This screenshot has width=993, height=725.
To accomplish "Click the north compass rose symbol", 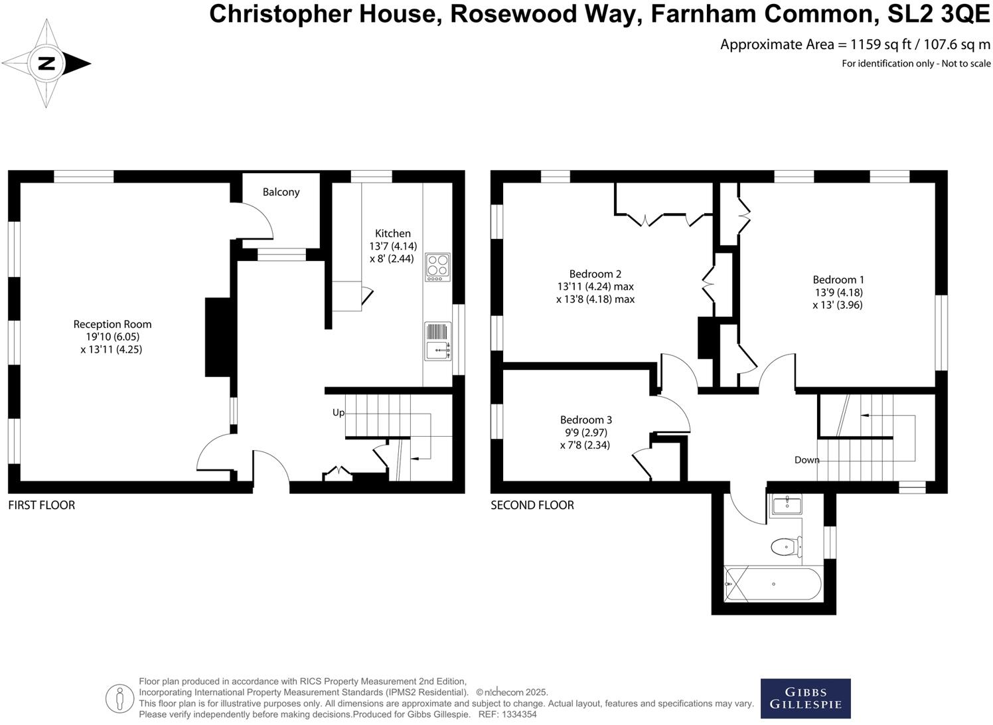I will tap(46, 64).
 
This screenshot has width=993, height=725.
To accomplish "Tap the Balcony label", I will tap(281, 192).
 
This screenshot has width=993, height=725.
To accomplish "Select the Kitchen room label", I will tap(393, 233).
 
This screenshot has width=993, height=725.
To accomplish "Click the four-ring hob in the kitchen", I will tap(437, 267).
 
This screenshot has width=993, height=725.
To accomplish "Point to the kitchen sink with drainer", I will tap(437, 341).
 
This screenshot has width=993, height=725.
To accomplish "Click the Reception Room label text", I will tap(112, 324).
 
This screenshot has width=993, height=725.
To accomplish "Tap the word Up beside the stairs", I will tap(339, 412).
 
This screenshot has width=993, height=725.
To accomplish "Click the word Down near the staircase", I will tap(806, 459).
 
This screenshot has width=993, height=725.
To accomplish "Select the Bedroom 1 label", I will tap(838, 280).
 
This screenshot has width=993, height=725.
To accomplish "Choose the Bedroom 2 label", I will tap(595, 274).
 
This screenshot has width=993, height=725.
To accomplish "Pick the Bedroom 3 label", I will tap(586, 420).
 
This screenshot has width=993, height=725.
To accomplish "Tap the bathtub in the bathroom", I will tap(773, 584).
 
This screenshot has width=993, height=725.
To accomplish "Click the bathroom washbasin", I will tap(787, 505).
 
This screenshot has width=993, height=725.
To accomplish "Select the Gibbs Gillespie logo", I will tap(805, 698).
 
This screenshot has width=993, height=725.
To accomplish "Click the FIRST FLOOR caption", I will tap(41, 505).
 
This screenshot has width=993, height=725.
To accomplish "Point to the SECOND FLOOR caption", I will tap(532, 505).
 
